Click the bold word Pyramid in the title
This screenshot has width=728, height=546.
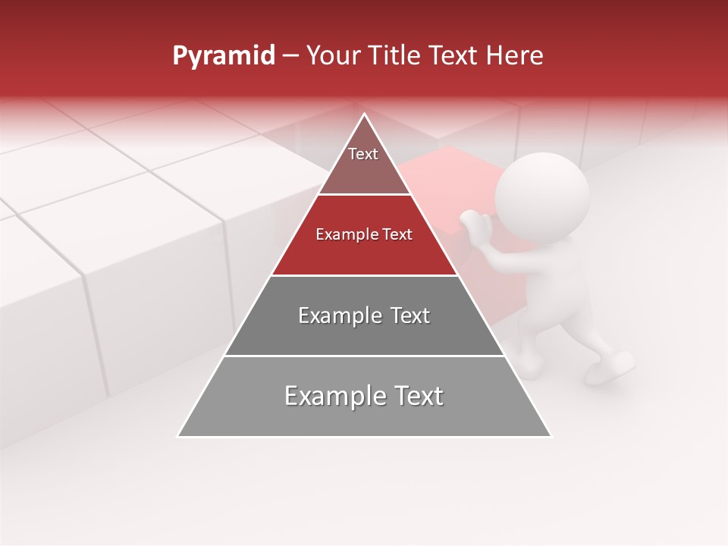223,56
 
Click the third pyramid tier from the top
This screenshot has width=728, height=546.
364,315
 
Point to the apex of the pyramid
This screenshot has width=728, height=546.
364,115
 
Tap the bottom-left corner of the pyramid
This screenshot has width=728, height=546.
180,435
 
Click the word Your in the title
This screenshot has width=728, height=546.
332,56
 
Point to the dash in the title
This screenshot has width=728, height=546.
290,56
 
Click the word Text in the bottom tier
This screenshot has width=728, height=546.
416,397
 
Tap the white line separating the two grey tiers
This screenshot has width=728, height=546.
364,356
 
